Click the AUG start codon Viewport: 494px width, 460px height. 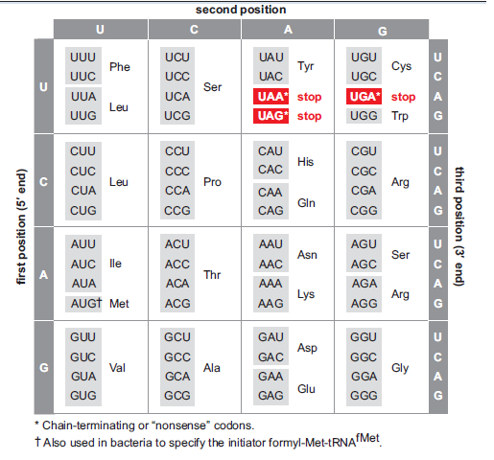(x=84, y=304)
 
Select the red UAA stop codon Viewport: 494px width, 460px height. (x=271, y=97)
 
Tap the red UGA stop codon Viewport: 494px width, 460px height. (x=364, y=97)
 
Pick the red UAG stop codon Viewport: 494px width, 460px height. (x=271, y=116)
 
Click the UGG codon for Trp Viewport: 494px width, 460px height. (x=364, y=116)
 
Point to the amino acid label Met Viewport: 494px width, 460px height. (x=119, y=304)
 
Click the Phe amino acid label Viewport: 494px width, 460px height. (x=120, y=67)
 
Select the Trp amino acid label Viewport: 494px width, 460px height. (x=400, y=116)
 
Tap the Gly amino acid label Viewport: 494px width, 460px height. (x=400, y=368)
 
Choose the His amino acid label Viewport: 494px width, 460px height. (x=305, y=162)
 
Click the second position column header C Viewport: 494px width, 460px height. (x=194, y=30)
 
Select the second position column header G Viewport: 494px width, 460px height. (x=383, y=31)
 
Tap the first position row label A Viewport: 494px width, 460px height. (x=43, y=275)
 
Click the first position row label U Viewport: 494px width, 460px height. (x=43, y=87)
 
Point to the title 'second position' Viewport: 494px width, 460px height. (x=241, y=10)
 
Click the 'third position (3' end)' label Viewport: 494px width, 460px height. (x=459, y=226)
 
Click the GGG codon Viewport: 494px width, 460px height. (x=364, y=396)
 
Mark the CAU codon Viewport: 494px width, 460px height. (x=271, y=151)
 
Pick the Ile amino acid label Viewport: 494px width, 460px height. (x=115, y=264)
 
